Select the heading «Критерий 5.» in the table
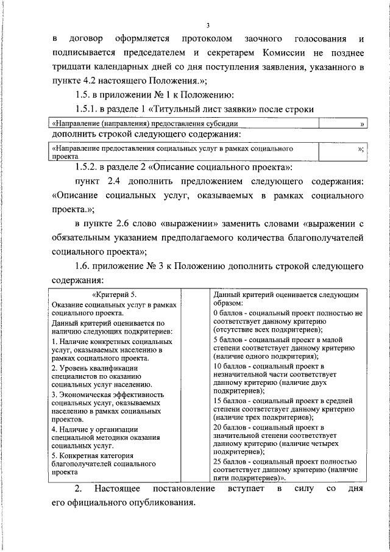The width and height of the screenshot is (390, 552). pyautogui.click(x=116, y=295)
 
